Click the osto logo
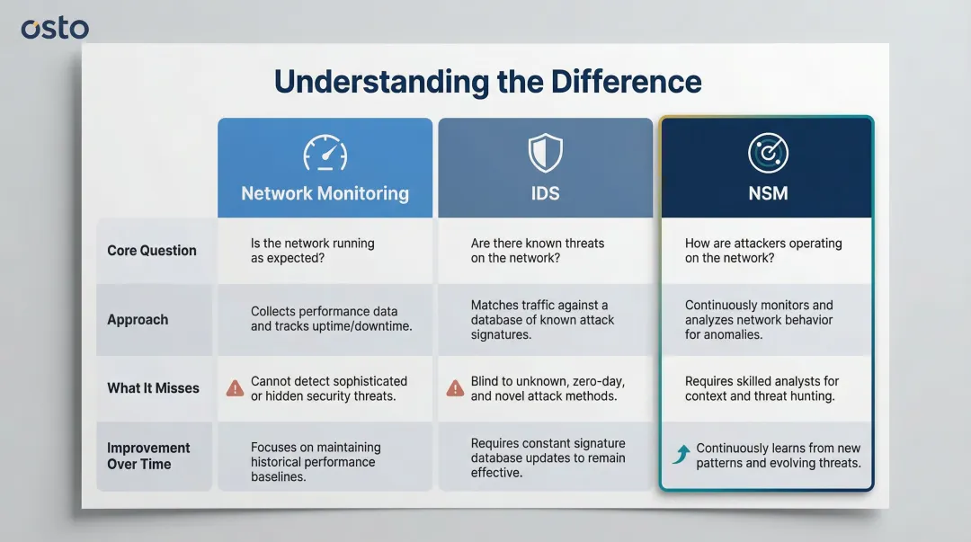click(x=55, y=28)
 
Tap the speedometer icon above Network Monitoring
click(x=325, y=153)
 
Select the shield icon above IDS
click(x=545, y=153)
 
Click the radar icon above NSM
click(x=767, y=154)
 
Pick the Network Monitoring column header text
click(x=325, y=193)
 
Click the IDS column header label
click(x=545, y=193)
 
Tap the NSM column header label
click(x=767, y=193)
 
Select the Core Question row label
click(x=151, y=251)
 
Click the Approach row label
click(x=138, y=319)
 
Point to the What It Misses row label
click(x=153, y=388)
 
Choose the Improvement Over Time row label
click(x=148, y=456)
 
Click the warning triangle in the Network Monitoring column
click(x=235, y=388)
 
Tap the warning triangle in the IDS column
click(x=455, y=388)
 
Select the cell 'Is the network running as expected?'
click(x=312, y=251)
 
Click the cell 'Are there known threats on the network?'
click(x=537, y=251)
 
